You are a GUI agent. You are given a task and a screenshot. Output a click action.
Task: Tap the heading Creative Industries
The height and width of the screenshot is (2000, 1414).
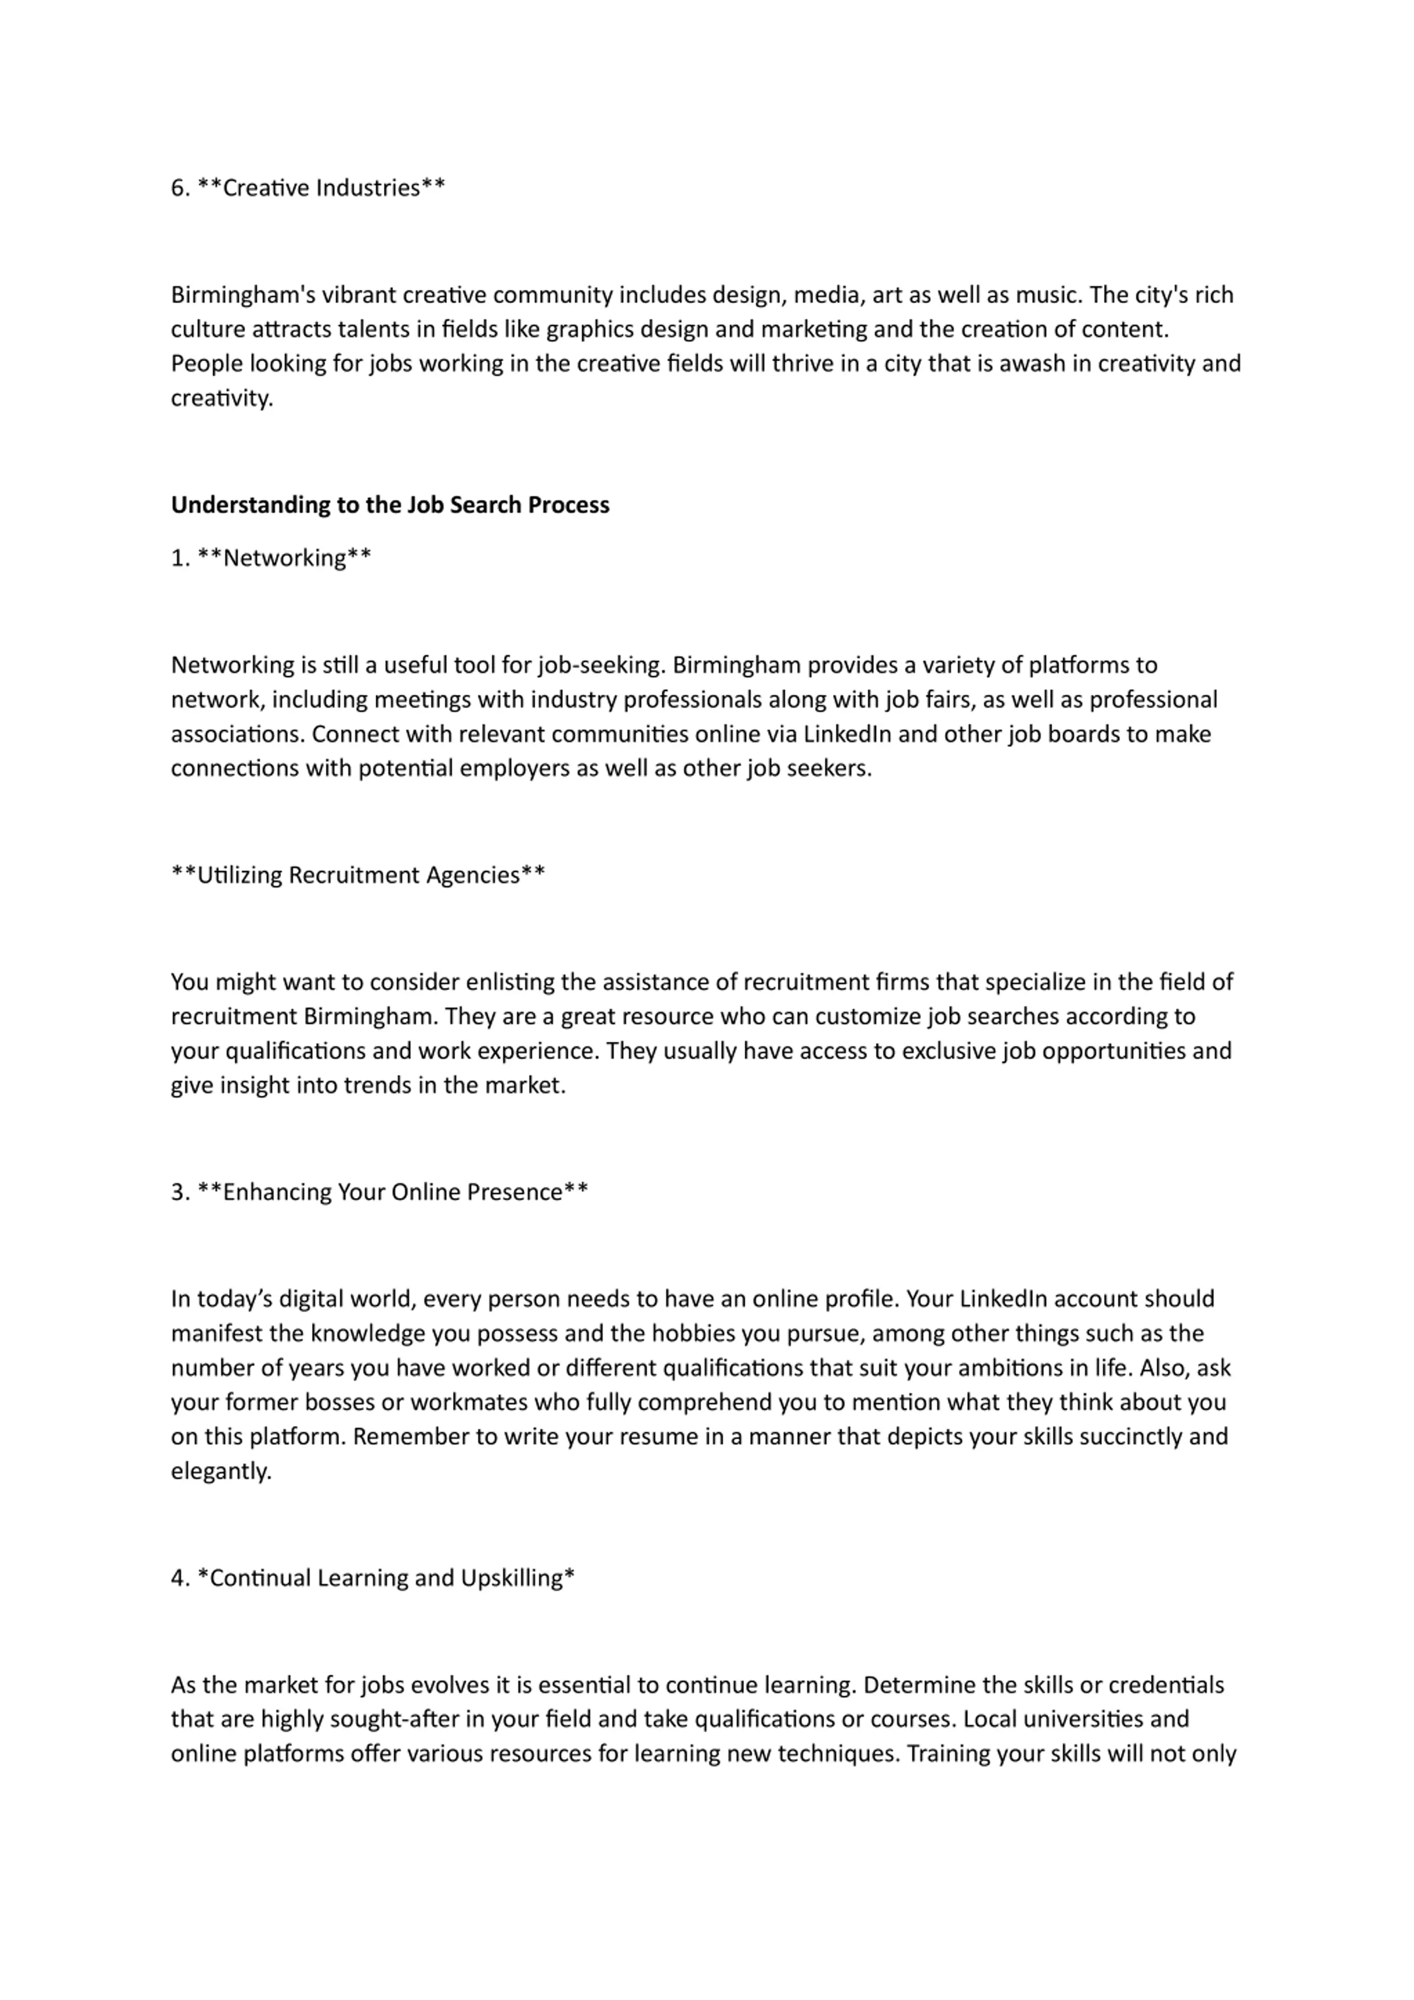tap(321, 188)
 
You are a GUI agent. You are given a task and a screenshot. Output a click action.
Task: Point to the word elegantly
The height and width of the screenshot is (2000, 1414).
tap(221, 1471)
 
